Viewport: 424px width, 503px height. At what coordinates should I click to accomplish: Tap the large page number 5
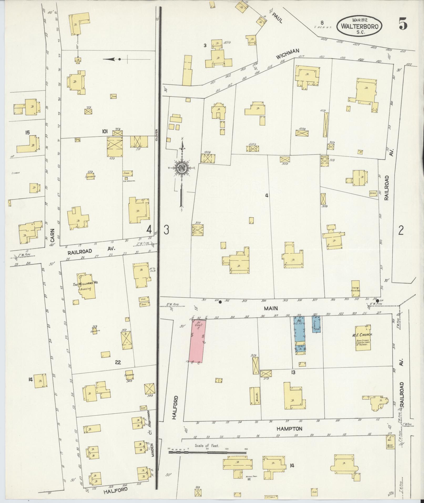tap(403, 25)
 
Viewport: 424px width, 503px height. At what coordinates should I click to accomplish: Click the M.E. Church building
tap(363, 338)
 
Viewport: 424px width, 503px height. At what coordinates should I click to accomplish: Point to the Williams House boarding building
tap(85, 286)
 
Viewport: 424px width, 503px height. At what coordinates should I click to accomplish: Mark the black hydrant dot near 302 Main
tap(220, 302)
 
